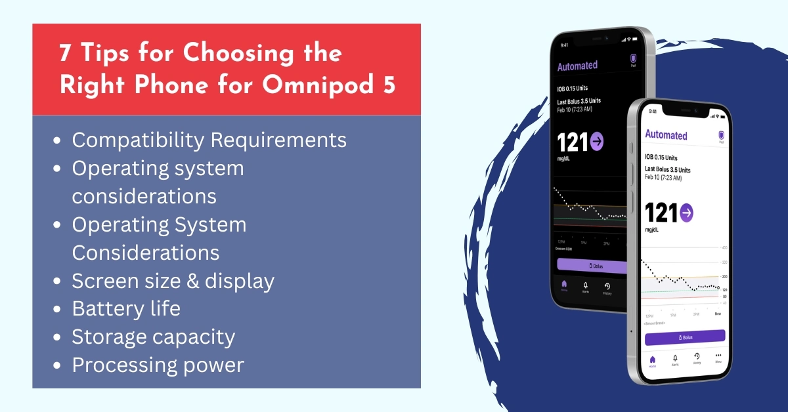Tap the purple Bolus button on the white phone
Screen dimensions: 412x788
684,337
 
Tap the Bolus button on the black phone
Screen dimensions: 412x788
591,264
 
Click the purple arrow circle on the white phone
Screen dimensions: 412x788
687,213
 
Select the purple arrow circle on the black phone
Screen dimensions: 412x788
598,141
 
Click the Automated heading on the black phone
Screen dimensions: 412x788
577,66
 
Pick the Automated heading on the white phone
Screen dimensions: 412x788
666,134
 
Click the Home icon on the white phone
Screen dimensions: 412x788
652,360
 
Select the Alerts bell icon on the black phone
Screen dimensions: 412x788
585,286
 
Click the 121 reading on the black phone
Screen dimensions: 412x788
573,142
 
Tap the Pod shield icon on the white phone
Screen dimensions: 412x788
721,134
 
